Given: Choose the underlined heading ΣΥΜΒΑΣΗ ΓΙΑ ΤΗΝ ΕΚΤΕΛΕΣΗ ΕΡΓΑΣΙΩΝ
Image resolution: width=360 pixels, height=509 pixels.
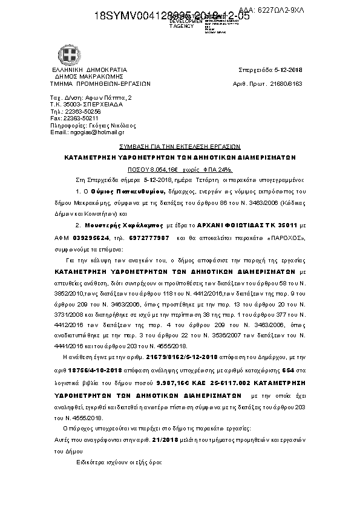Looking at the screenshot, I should click(x=180, y=146).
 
